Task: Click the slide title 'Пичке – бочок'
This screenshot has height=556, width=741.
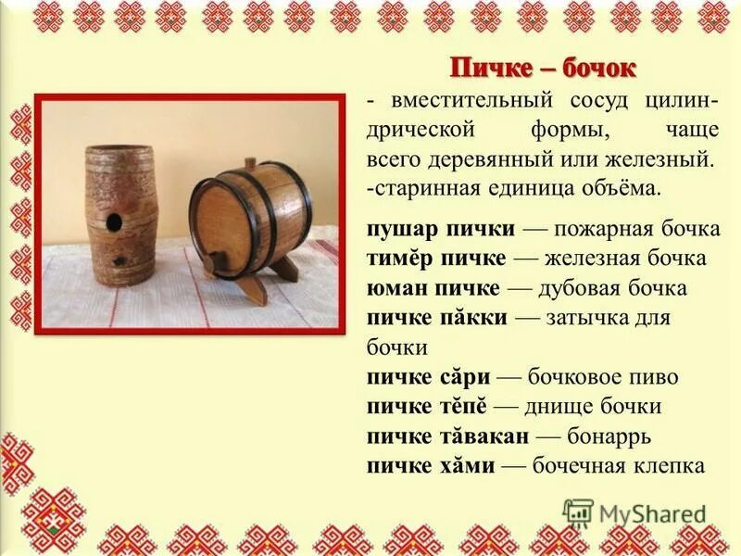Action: click(543, 68)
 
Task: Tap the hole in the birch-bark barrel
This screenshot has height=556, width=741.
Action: click(114, 221)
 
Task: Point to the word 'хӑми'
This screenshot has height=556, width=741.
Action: click(469, 465)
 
